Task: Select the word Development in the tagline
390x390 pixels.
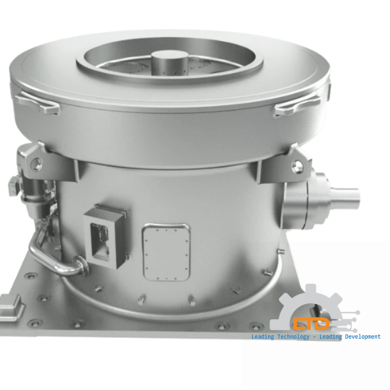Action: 362,337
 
